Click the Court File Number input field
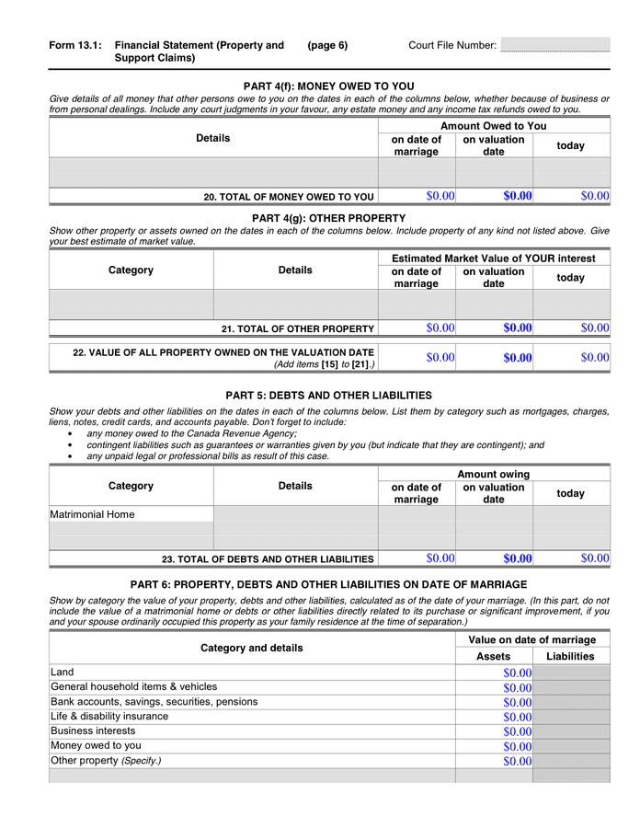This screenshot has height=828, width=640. point(554,45)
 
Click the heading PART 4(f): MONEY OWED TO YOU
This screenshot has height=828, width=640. point(328,86)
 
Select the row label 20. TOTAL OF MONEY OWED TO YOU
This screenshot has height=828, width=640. point(289,197)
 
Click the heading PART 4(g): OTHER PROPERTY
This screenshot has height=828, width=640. point(328,218)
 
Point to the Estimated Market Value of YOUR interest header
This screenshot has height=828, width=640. point(494,259)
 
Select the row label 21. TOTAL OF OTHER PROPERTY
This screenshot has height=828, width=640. point(297,328)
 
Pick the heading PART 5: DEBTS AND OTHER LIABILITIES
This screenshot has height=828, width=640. point(328,396)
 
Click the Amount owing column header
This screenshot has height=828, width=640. point(494,474)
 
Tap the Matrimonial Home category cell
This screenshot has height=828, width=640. point(131,514)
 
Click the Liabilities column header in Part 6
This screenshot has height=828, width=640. point(570,656)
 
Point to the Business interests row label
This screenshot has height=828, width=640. point(93,731)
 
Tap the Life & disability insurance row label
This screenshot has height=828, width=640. point(109,717)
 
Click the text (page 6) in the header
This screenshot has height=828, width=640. point(327,45)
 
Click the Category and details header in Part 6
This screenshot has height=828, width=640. point(251,648)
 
